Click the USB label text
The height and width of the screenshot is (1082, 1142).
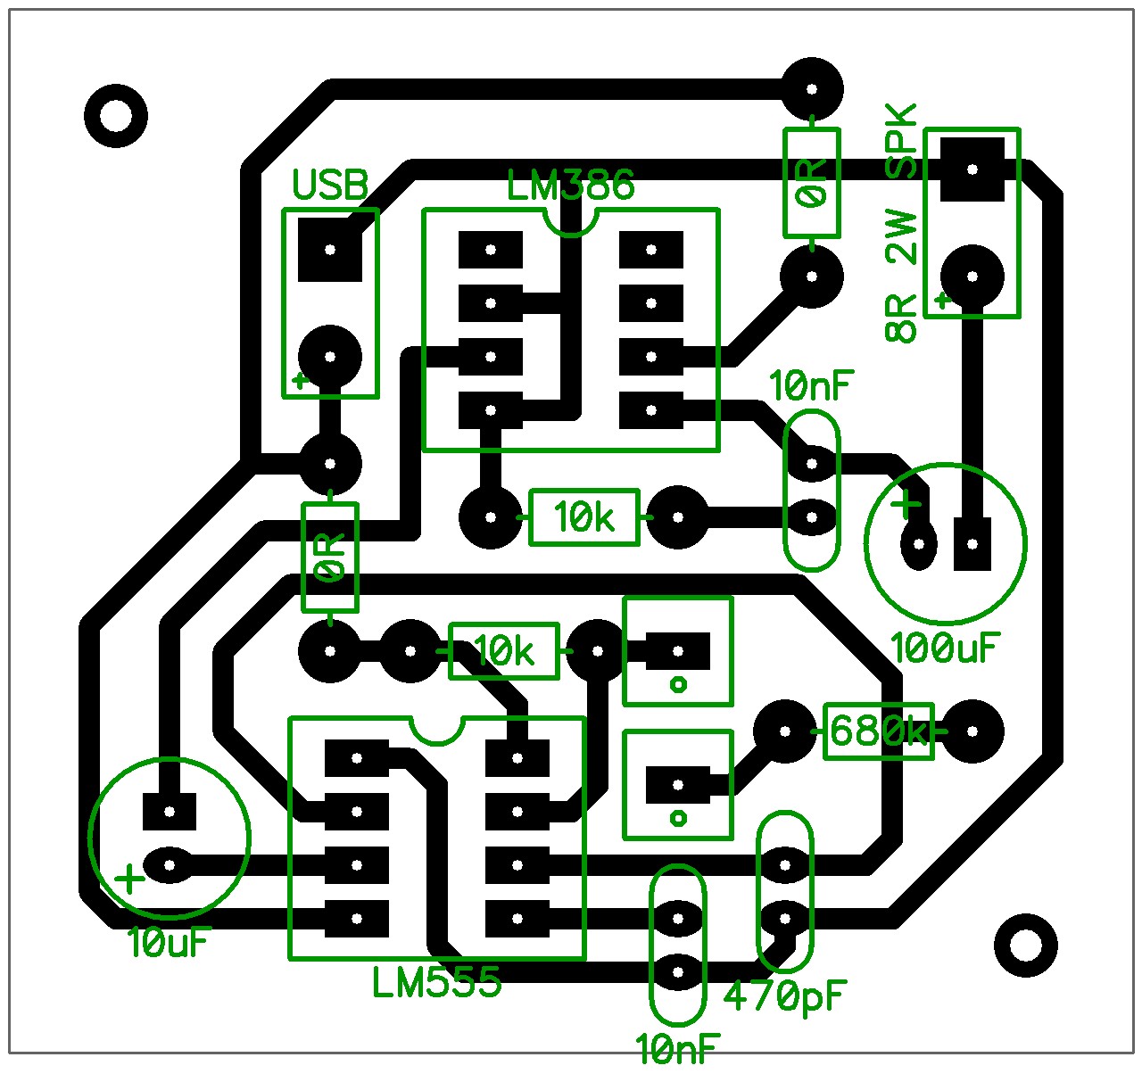tap(330, 185)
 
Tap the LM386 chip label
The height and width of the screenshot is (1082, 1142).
tap(570, 185)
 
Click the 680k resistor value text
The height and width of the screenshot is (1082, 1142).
tap(879, 731)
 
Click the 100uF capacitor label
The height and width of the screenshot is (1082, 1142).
tap(945, 648)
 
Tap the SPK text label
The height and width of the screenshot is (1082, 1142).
tap(901, 141)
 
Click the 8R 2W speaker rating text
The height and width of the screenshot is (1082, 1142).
tap(901, 277)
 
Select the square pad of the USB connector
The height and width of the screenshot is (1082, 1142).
tap(330, 250)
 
